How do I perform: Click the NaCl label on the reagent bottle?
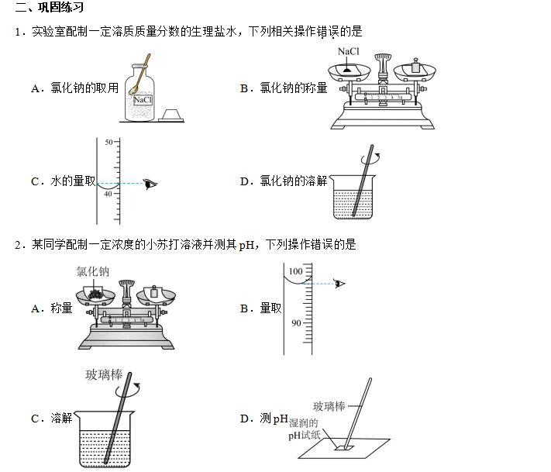coord(143,100)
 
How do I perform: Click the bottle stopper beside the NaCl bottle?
coord(173,115)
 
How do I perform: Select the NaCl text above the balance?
coord(349,51)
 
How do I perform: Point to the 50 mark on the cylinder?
coord(108,142)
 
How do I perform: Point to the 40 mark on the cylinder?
coord(108,195)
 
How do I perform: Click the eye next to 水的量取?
coord(150,184)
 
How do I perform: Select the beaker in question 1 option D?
coord(353,198)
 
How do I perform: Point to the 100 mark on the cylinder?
coord(295,272)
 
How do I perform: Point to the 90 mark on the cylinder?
coord(295,323)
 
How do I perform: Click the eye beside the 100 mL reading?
coord(339,283)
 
